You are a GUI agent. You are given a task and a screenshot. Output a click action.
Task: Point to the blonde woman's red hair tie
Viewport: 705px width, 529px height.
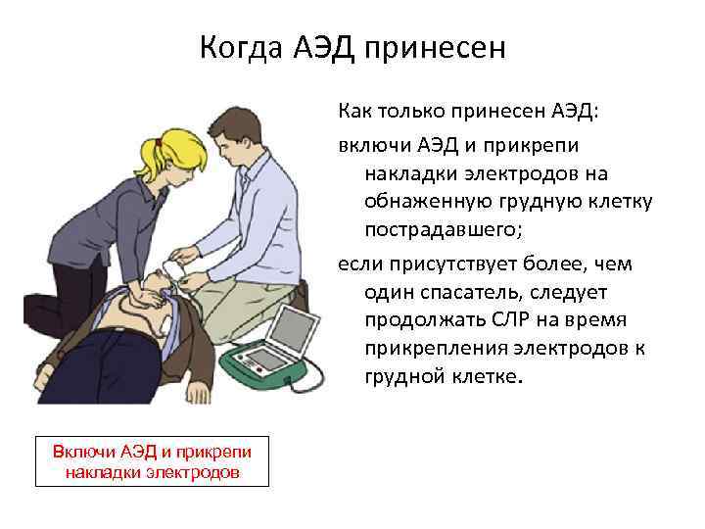(x=158, y=144)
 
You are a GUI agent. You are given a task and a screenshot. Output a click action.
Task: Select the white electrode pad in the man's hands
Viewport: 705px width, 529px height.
(x=175, y=264)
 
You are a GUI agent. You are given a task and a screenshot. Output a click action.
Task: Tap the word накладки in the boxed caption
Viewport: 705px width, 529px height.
(x=100, y=472)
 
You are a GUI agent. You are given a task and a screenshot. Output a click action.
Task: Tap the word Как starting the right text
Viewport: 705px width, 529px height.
(x=355, y=117)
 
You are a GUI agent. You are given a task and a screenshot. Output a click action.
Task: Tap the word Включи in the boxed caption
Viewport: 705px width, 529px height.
(x=84, y=451)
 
